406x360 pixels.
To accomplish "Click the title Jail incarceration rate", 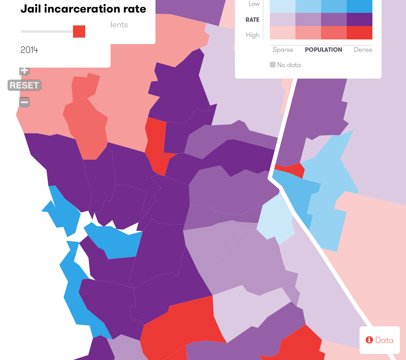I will (x=83, y=9).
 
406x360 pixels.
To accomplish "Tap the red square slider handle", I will (x=79, y=32).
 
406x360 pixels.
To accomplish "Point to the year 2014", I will (x=29, y=50).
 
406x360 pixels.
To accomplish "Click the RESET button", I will (x=24, y=85).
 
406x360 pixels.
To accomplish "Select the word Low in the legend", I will (x=254, y=4).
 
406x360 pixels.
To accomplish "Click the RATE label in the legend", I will (x=252, y=20).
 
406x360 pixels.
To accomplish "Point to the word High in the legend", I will (x=253, y=35).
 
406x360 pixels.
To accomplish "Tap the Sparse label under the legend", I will (x=283, y=50).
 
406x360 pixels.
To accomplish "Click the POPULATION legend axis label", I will (x=324, y=50).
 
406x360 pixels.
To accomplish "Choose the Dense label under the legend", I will (x=363, y=50).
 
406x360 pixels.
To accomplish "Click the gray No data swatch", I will (x=273, y=65).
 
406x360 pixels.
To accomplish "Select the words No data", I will (x=289, y=65).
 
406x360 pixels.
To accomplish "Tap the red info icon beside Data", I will (x=369, y=340).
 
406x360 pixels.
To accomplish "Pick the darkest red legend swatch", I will (x=360, y=33).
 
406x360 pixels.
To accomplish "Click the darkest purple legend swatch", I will (x=360, y=20).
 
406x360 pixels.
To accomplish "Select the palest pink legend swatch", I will (x=283, y=33).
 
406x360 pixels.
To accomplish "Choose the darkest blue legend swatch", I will (x=360, y=6).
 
